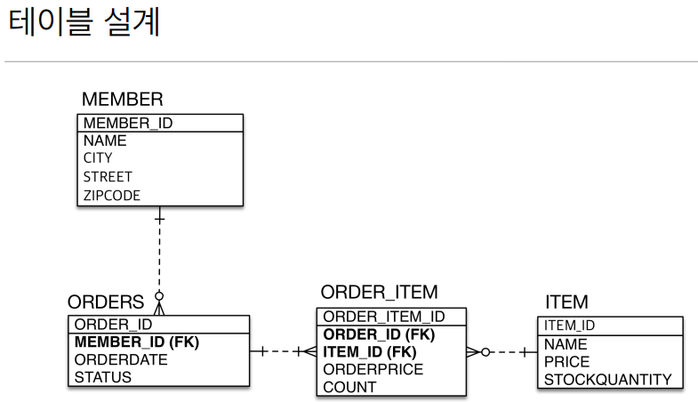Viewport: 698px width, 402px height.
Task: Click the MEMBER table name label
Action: (122, 99)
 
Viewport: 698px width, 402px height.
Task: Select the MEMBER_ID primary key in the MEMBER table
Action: (127, 123)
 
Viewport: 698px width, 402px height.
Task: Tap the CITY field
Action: (98, 158)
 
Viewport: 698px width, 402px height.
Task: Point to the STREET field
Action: (108, 177)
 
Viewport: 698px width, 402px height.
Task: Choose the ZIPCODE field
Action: (112, 196)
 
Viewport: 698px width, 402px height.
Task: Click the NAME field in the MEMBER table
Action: (105, 141)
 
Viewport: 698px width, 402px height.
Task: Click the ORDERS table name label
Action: (106, 302)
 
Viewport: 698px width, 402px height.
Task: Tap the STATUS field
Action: (102, 377)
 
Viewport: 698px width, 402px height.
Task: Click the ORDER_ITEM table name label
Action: (379, 293)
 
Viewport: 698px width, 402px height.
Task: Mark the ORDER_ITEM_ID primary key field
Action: (383, 317)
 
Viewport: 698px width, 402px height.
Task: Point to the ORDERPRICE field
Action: (373, 369)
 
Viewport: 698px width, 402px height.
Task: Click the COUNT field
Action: (349, 387)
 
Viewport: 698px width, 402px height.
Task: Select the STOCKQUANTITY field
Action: (607, 380)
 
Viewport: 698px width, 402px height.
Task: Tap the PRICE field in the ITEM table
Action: (566, 362)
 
